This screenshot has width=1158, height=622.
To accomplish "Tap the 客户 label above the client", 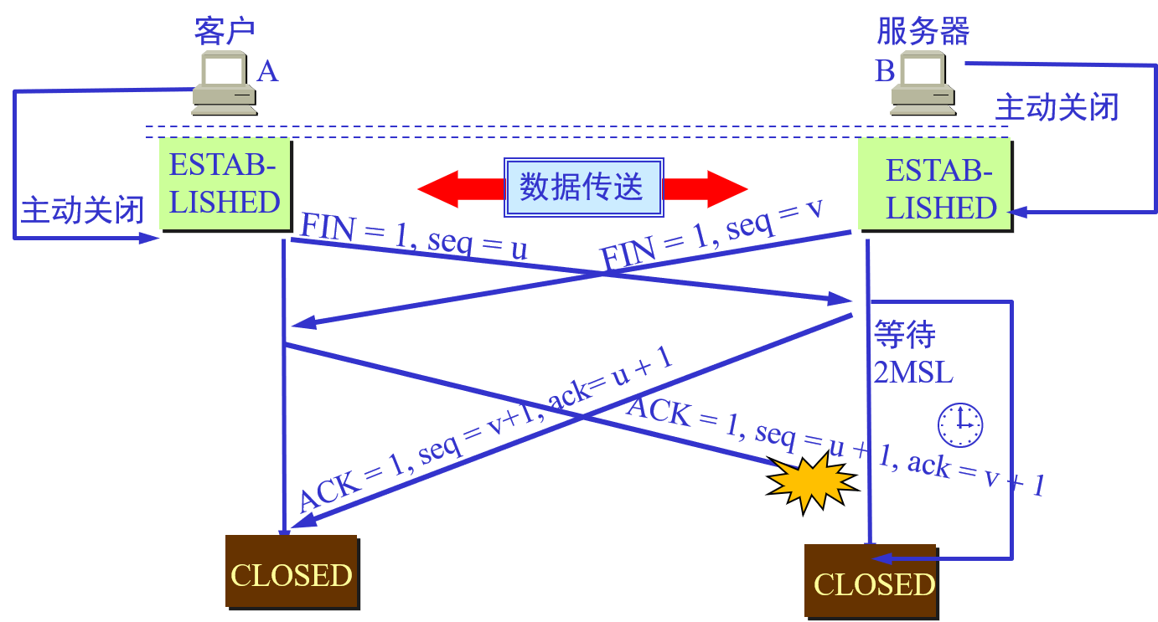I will [x=224, y=30].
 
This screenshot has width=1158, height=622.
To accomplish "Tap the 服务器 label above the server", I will [x=923, y=31].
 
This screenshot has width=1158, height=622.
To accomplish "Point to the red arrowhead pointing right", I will [x=726, y=189].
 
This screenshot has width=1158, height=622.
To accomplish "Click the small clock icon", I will [x=960, y=424].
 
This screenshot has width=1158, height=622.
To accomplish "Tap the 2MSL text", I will [x=913, y=373].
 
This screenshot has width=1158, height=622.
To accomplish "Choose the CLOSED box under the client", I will [x=291, y=573].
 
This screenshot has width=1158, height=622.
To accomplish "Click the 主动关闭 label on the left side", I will [x=82, y=210].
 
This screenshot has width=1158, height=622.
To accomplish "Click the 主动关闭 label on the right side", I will [x=1057, y=108].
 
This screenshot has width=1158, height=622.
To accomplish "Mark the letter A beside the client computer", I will [x=266, y=72].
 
